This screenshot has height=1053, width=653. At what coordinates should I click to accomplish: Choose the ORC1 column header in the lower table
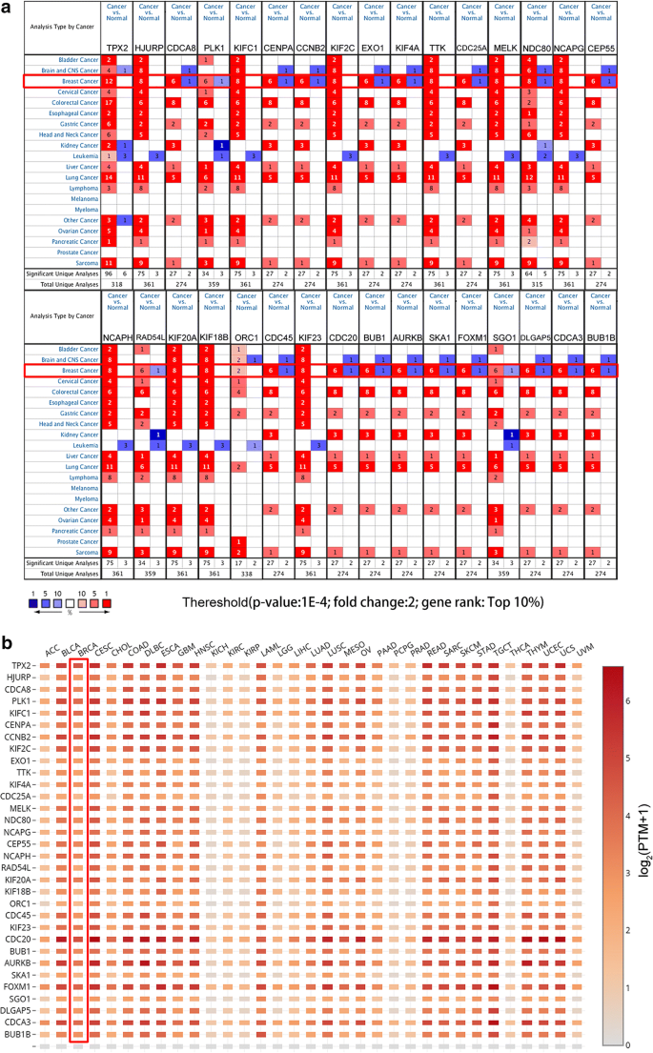tap(246, 336)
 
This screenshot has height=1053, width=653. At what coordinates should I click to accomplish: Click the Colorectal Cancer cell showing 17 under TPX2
tap(110, 102)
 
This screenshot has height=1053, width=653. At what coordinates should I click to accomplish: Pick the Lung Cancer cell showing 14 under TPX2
tap(110, 177)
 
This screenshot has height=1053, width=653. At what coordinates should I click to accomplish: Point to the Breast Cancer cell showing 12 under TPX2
tap(110, 81)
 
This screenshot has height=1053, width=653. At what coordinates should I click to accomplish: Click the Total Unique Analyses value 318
tap(117, 283)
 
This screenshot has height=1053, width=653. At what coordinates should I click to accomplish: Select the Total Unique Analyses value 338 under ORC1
tap(246, 575)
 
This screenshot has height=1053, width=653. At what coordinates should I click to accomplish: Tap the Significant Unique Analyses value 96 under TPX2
tap(110, 273)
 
